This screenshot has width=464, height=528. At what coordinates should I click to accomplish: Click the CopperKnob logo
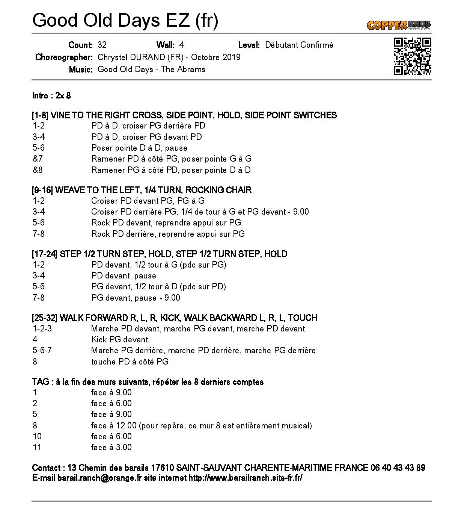(399, 25)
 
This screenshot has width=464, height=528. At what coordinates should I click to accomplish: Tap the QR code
(412, 56)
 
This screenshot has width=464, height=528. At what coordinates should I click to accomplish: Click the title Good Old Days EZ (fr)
(125, 20)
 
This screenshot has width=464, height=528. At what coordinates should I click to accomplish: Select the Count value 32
(102, 45)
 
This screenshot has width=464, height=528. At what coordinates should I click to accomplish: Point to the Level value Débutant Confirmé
(299, 45)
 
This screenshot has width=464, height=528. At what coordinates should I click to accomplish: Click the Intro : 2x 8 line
(51, 95)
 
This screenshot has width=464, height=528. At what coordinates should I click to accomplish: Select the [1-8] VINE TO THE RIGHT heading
(184, 115)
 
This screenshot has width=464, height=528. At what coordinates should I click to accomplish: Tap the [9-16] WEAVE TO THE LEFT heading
(142, 190)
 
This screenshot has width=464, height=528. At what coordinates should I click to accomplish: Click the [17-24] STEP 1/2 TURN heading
(159, 254)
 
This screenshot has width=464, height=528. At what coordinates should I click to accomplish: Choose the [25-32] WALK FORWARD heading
(174, 318)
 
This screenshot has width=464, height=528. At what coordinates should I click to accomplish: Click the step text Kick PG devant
(119, 339)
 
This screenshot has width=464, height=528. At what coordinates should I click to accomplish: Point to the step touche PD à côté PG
(130, 362)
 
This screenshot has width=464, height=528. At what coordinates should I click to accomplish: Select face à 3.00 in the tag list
(111, 447)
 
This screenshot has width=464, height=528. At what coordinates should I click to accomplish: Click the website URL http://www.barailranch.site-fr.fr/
(245, 478)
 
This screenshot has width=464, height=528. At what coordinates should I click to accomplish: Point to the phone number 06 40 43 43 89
(398, 468)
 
